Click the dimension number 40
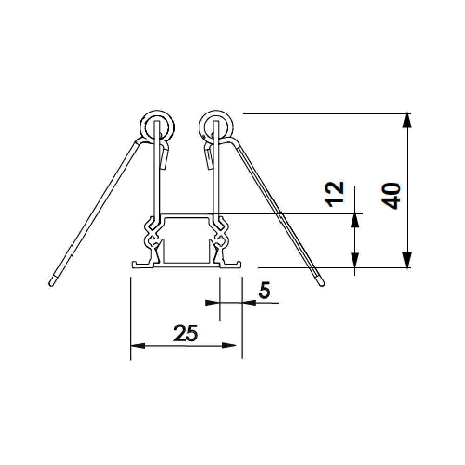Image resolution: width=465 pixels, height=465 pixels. coord(391,196)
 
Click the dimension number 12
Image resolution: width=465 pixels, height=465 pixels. coord(334,194)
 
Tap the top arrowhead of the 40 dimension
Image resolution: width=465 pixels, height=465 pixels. coord(407,120)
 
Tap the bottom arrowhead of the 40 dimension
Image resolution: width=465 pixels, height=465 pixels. coord(407,260)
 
